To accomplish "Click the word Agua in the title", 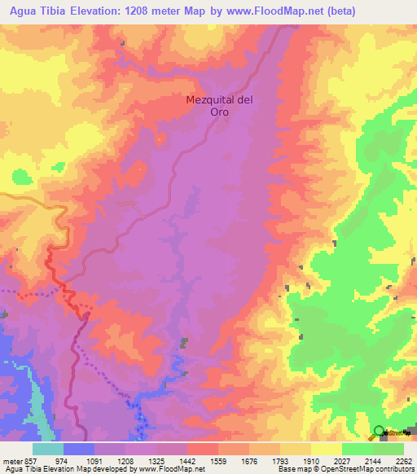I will (19, 11).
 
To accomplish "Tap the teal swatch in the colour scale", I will (47, 449).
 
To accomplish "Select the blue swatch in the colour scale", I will (78, 449).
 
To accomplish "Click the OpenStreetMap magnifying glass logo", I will (379, 432).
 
